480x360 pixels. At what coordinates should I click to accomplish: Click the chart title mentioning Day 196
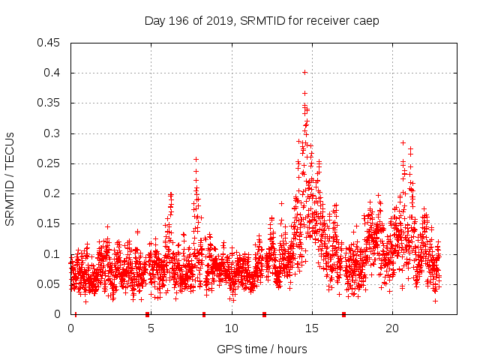(x=262, y=21)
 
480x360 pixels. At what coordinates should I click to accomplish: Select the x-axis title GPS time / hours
(x=262, y=349)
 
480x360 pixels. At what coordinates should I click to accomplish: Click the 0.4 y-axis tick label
(x=54, y=73)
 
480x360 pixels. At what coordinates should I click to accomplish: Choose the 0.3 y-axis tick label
(x=54, y=133)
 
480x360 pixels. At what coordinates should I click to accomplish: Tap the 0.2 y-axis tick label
(x=54, y=193)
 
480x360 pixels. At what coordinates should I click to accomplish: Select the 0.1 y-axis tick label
(x=54, y=254)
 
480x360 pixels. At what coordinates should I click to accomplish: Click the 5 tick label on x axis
(x=151, y=328)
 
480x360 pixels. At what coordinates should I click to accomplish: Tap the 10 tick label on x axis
(x=231, y=328)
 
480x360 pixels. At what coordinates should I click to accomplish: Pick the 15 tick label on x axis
(x=311, y=328)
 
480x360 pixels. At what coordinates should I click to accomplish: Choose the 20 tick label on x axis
(x=391, y=328)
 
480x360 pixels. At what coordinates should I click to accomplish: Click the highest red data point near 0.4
(x=304, y=73)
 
